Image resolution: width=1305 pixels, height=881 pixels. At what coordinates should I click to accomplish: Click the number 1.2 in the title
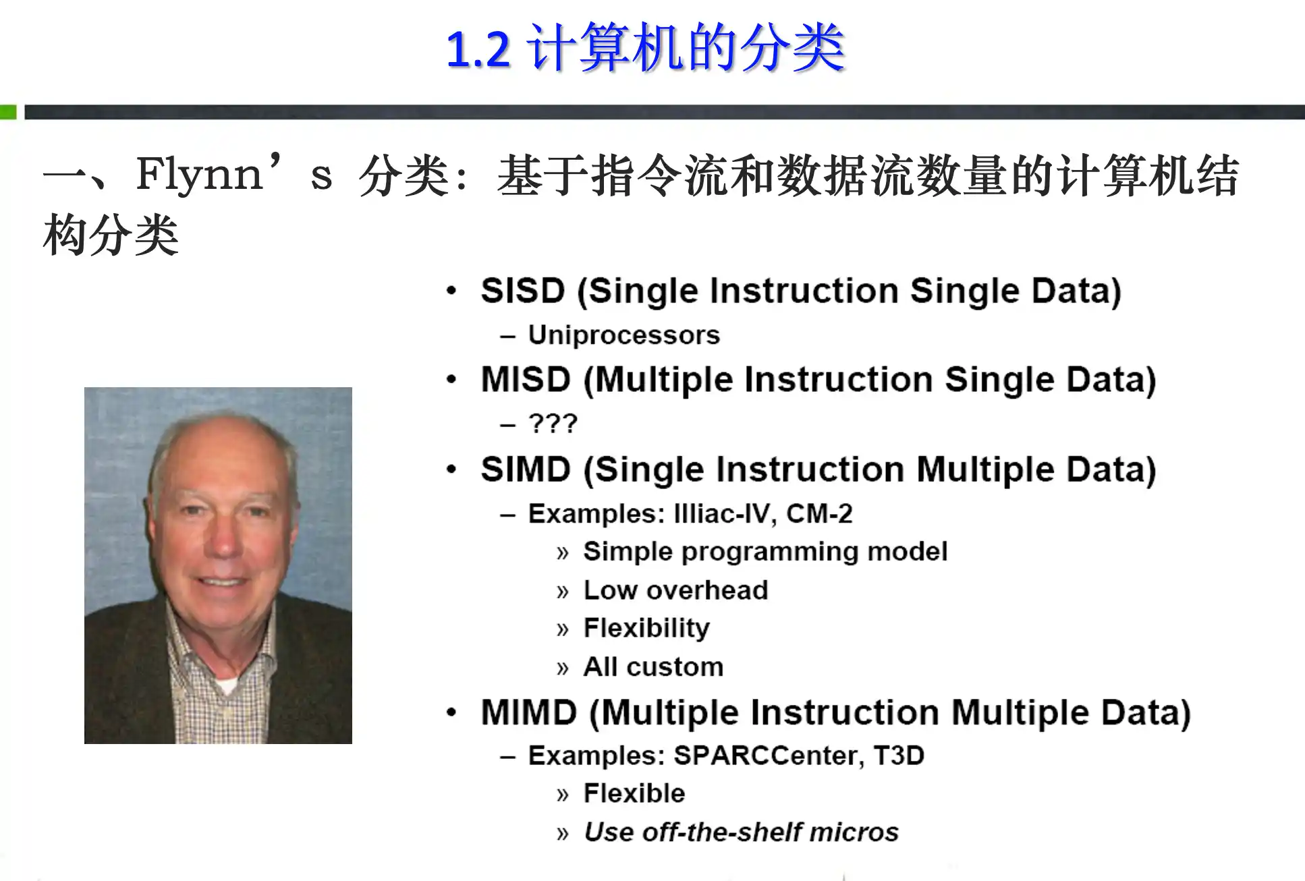click(478, 50)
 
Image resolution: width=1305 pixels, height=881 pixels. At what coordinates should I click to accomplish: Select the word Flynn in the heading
click(200, 175)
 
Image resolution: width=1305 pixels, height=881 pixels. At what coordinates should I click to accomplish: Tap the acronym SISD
click(522, 291)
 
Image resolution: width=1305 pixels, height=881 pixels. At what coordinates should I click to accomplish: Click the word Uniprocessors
click(624, 335)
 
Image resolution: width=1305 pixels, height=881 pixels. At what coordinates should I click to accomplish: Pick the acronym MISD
click(526, 379)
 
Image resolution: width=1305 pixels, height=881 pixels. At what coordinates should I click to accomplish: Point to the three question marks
click(553, 424)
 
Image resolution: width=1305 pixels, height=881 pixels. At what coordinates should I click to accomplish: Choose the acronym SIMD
click(526, 470)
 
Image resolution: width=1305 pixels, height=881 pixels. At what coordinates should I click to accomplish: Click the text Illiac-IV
click(721, 514)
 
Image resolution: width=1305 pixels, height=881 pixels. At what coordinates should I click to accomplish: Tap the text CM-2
click(819, 514)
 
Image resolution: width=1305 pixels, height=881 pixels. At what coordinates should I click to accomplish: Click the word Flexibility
click(646, 629)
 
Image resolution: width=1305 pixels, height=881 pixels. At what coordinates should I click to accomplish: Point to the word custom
click(675, 667)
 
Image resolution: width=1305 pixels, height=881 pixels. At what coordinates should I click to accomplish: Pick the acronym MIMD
click(529, 713)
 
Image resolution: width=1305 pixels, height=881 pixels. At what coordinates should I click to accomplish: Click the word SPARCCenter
click(769, 756)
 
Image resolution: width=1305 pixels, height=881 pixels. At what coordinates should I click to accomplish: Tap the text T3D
click(899, 756)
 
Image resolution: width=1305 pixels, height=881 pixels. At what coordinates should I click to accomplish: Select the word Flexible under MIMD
click(634, 793)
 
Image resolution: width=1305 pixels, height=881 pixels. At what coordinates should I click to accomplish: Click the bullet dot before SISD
click(451, 291)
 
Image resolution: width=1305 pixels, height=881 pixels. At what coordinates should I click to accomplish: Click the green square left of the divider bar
click(8, 112)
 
